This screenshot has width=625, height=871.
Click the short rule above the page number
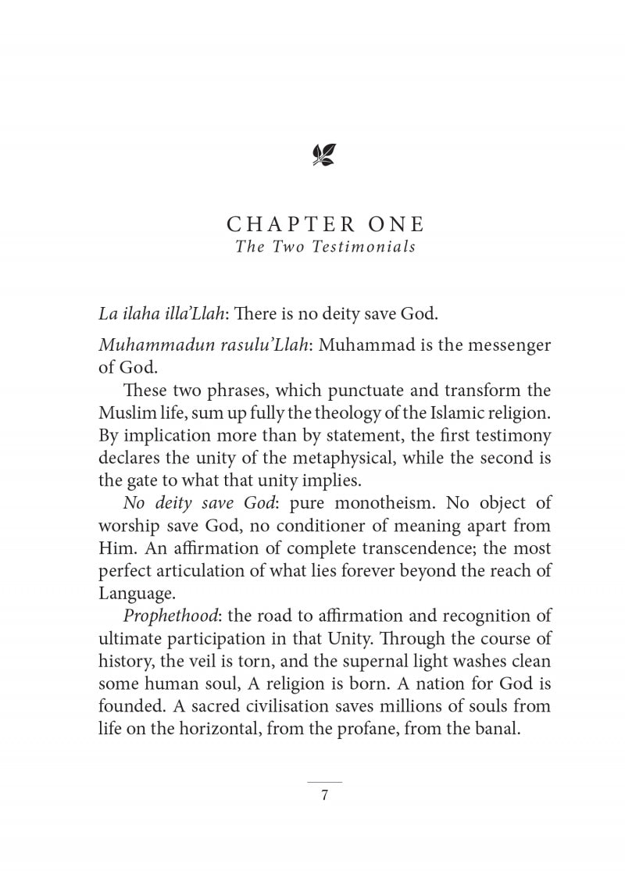[x=324, y=782]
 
